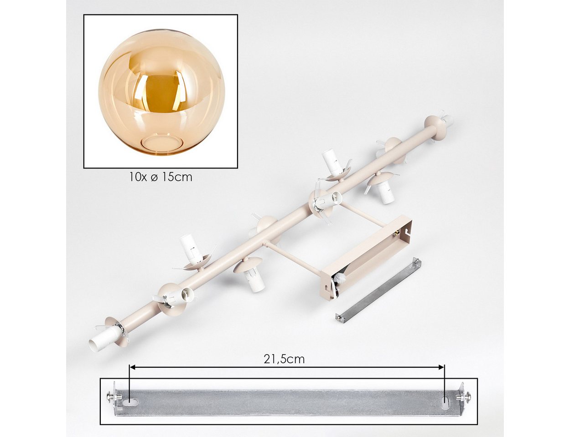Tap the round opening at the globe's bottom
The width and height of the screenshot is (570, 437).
coord(161,144)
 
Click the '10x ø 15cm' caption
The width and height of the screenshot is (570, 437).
coord(161,177)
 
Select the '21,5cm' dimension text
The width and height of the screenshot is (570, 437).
coord(284,359)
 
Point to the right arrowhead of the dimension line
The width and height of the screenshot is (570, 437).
coord(441,367)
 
